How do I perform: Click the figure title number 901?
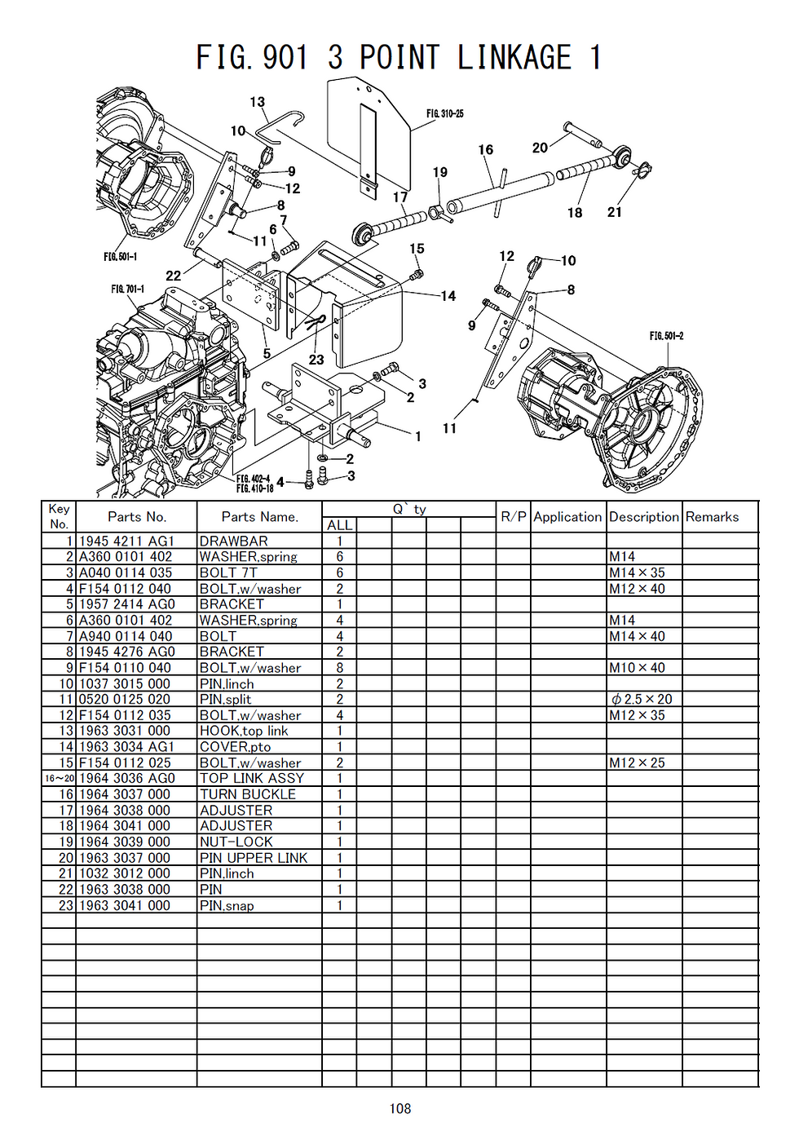coord(285,58)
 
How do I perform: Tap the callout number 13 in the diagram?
coord(257,102)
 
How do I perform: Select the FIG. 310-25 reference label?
coord(444,113)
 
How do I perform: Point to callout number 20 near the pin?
coord(540,148)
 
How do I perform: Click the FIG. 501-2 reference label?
coord(666,336)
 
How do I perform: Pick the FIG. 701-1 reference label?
coord(127,290)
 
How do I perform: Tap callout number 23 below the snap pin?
coord(316,360)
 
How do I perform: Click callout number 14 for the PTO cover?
coord(448,296)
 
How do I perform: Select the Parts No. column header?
coord(136,516)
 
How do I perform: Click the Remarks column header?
coord(712,516)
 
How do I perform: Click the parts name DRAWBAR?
coord(233,541)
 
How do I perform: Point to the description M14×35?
coord(637,572)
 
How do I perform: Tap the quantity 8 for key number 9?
coord(339,668)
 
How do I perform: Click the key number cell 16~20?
coord(59,779)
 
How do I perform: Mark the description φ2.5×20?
coord(642,700)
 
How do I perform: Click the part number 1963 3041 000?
coord(125,905)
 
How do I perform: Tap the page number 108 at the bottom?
coord(399,1108)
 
